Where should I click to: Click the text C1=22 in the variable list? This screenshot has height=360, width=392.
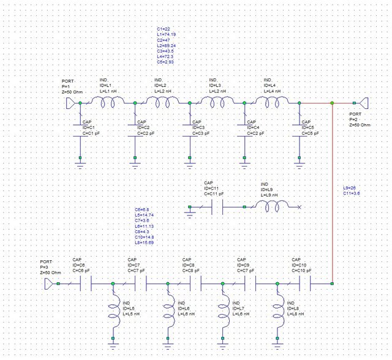pos(163,29)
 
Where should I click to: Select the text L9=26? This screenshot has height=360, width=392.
pos(350,187)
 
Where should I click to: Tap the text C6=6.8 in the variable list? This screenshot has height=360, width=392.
pos(141,210)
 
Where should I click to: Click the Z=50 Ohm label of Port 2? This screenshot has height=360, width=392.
pos(360,124)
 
